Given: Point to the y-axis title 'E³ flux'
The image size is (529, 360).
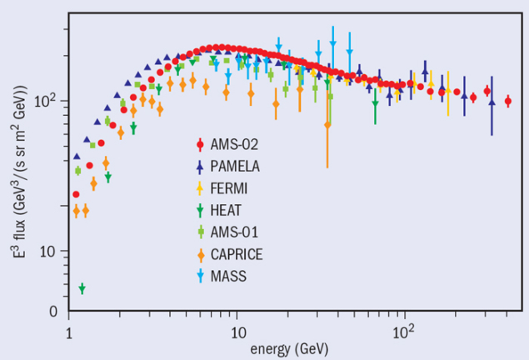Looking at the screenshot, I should pos(22,158).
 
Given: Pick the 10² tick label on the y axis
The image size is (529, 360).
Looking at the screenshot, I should pos(47,101).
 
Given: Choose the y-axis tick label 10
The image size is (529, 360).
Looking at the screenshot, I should pos(49,252).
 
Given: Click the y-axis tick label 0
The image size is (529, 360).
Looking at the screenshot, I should pos(52,312).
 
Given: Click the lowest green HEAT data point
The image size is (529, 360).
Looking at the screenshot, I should pos(82,288).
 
